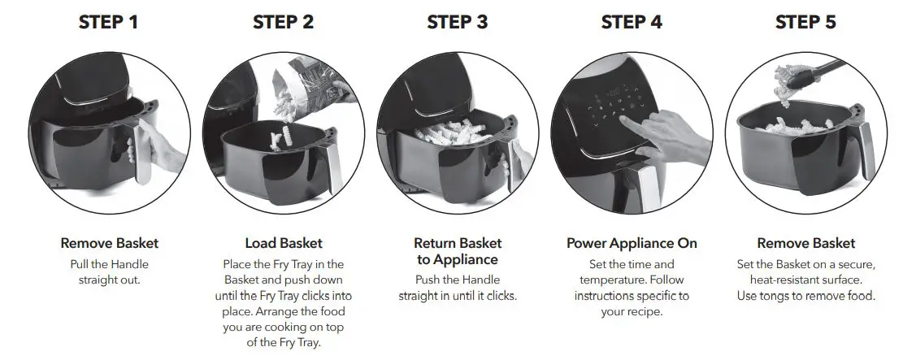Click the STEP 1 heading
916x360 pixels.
point(109,23)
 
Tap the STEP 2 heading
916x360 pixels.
point(283,23)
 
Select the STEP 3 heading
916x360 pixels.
point(458,23)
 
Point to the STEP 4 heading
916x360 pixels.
point(632,23)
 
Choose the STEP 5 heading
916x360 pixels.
point(805,23)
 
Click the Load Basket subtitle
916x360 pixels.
point(284,243)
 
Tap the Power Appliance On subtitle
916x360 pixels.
point(632,243)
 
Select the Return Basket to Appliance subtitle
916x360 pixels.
point(458,251)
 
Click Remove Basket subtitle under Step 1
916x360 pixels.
point(109,243)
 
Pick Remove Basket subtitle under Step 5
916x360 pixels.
point(805,243)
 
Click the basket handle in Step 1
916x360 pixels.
point(147,146)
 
